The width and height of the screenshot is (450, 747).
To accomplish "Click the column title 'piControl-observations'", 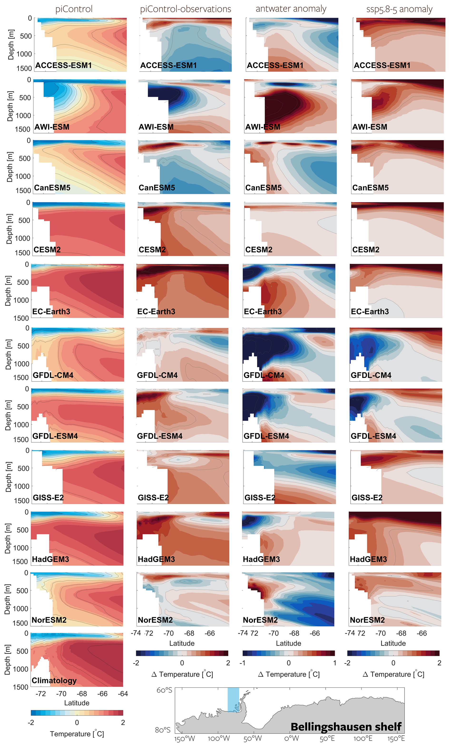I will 185,9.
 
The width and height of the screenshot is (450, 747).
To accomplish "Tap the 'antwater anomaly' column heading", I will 291,9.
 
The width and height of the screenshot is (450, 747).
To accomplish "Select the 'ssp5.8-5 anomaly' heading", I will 399,9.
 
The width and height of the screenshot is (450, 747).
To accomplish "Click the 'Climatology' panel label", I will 54,680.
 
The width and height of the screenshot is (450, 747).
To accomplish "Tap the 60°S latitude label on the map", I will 164,690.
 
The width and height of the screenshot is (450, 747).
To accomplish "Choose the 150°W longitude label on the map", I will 184,738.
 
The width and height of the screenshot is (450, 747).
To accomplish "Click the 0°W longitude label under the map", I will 291,738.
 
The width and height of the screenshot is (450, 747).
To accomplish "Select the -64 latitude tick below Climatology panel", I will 123,694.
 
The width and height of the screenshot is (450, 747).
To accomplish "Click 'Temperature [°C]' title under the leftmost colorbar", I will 77,734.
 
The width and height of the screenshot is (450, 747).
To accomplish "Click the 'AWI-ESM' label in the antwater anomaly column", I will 262,127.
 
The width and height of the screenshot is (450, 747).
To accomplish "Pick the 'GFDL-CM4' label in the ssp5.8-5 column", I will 371,375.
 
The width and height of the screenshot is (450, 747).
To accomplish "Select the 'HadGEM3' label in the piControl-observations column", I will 156,559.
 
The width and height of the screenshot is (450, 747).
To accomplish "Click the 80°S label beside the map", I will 163,730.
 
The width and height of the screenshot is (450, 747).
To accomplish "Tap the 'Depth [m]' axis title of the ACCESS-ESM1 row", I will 11,44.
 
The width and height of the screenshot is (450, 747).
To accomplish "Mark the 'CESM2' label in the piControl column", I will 47,249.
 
